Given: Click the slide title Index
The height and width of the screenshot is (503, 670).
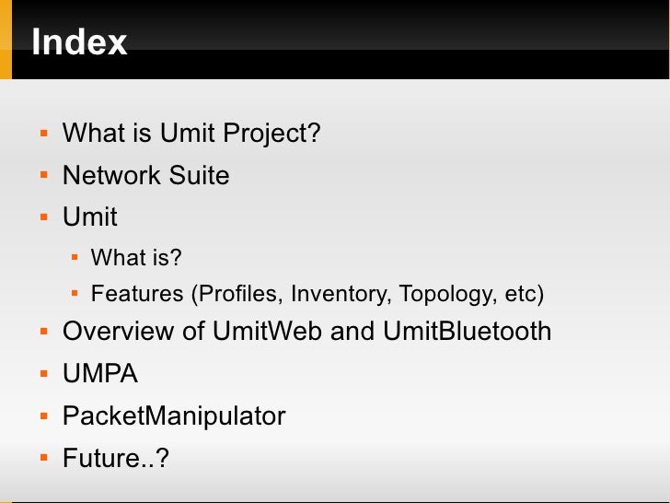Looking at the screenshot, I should pos(79,42).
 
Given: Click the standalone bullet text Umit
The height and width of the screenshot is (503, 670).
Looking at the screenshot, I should pos(89,216).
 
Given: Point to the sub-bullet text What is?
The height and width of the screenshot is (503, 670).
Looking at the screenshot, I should pos(136,257).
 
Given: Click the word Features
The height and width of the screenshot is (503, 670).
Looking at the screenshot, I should pos(137,295).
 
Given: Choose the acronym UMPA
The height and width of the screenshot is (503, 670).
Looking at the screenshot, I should pos(100,374).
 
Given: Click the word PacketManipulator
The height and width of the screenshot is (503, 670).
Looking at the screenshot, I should pos(174,415).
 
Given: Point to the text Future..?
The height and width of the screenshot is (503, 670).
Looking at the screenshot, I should pos(115,457).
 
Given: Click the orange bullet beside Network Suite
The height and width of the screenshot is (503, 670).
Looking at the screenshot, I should pos(42,176).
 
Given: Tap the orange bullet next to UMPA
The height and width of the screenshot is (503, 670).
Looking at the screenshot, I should pos(42,375).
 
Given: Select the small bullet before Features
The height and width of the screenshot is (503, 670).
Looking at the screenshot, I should pos(75,295).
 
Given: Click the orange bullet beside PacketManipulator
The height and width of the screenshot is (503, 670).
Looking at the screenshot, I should pos(42,416).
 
